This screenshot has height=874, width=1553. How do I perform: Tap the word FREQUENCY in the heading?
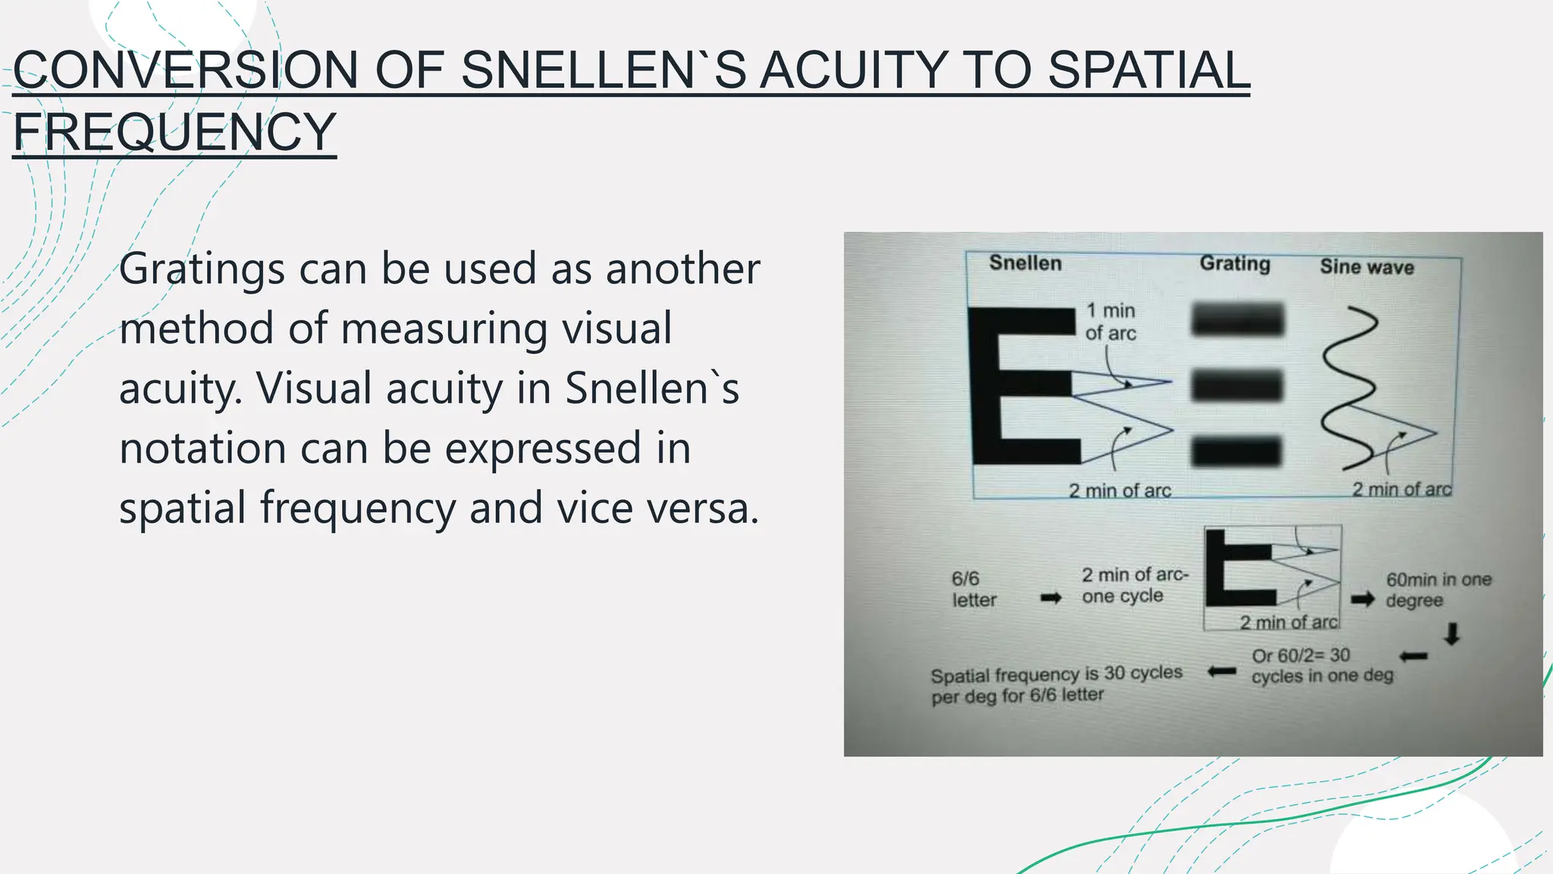click(174, 132)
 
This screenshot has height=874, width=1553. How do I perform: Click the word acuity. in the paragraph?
click(180, 388)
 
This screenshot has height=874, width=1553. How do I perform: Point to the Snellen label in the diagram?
click(1024, 263)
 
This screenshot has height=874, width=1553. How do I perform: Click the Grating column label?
click(1235, 263)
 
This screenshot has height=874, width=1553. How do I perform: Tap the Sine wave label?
click(1366, 267)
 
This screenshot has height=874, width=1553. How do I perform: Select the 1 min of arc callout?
click(1110, 322)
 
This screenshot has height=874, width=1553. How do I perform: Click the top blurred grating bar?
click(1238, 319)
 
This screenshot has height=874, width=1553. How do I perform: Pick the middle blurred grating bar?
click(1237, 385)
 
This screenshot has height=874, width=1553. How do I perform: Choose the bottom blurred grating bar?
click(1237, 452)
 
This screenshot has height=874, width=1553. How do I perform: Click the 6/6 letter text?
click(974, 589)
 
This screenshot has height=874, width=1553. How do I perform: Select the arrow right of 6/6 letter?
click(1051, 598)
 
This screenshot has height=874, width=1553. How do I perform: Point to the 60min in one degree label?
click(1438, 589)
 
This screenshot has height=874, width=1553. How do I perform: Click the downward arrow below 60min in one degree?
click(1451, 633)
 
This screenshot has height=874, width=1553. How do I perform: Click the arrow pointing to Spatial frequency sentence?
click(1221, 671)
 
